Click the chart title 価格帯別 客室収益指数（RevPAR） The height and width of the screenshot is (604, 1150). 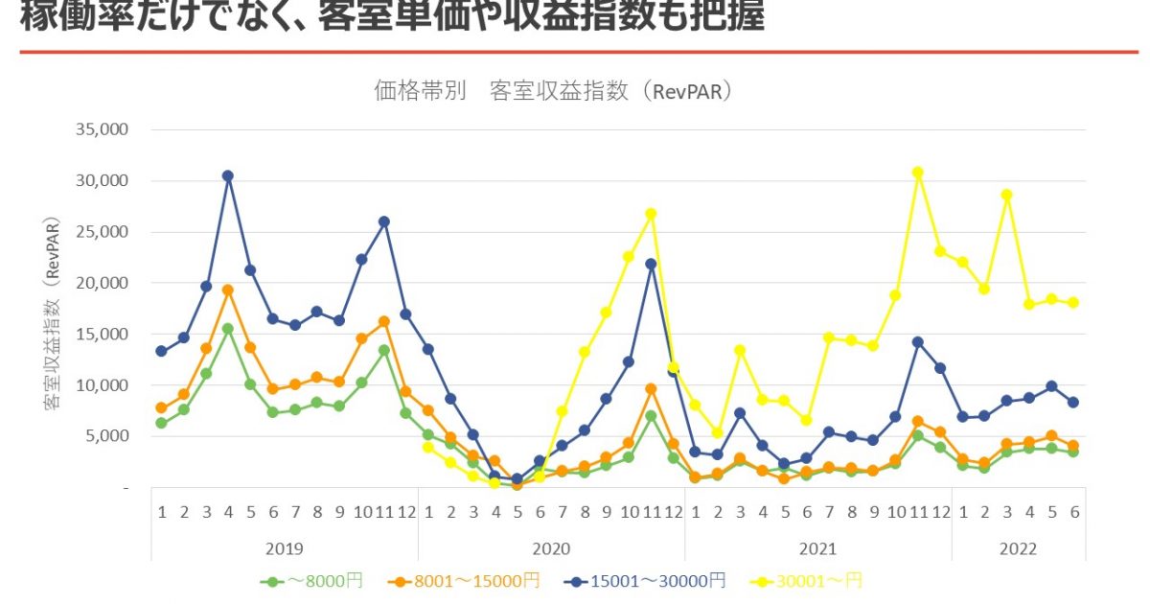(x=553, y=92)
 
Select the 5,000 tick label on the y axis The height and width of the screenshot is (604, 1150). (x=107, y=436)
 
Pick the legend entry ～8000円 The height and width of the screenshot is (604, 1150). (x=312, y=581)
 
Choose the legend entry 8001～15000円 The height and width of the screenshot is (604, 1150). (x=465, y=581)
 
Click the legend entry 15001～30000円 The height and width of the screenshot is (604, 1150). (x=643, y=581)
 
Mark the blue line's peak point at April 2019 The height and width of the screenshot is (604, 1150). (x=228, y=175)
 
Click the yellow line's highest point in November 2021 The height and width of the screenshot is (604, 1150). (x=918, y=173)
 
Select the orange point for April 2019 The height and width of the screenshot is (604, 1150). (x=228, y=290)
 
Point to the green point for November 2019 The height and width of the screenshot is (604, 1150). (x=384, y=350)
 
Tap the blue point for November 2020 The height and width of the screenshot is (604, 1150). (x=652, y=264)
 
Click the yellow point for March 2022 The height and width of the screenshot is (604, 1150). (x=1007, y=195)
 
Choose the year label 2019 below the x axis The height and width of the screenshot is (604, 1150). (x=285, y=549)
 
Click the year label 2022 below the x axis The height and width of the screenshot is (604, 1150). (x=1018, y=549)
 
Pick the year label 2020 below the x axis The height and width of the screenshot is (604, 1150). (x=551, y=549)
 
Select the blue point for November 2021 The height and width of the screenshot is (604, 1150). (x=918, y=341)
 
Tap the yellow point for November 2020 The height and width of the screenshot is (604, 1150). (x=652, y=214)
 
